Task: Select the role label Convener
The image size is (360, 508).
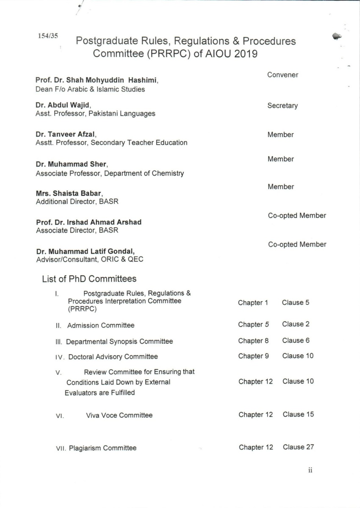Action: [282, 75]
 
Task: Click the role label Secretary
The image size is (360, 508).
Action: [282, 106]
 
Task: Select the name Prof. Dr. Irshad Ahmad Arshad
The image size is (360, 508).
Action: [89, 222]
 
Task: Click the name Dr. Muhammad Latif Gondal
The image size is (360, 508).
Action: [82, 251]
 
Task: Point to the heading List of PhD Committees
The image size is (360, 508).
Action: [89, 279]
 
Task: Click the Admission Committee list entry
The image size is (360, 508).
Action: [101, 326]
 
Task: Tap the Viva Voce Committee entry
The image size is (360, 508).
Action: [119, 415]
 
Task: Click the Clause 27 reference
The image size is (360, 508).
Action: [298, 447]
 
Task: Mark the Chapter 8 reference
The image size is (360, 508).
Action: [253, 341]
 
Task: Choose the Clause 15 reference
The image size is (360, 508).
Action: [298, 414]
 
